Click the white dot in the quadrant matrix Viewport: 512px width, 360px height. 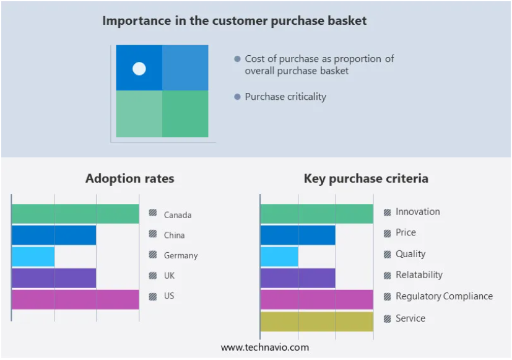(139, 69)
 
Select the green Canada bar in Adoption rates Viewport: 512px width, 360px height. (76, 214)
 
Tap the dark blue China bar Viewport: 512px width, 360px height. (54, 235)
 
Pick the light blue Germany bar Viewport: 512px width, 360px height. (33, 257)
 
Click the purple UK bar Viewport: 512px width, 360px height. (54, 278)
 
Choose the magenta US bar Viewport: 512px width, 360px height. (76, 299)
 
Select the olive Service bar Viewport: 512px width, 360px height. (317, 322)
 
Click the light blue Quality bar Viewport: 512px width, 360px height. (279, 257)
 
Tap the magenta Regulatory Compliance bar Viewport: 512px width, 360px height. (317, 299)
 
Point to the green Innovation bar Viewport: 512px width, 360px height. (317, 214)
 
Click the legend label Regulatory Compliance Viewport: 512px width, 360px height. (444, 296)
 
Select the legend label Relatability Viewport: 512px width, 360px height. (419, 274)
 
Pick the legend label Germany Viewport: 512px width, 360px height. (181, 255)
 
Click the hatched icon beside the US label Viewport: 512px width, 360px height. (152, 296)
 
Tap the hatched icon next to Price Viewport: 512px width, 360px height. (388, 233)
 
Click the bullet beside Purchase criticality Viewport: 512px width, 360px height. (237, 97)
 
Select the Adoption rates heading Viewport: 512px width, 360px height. (130, 178)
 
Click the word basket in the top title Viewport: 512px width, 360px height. (347, 20)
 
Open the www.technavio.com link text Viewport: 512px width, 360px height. (265, 347)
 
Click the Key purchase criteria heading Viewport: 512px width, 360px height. (366, 178)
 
